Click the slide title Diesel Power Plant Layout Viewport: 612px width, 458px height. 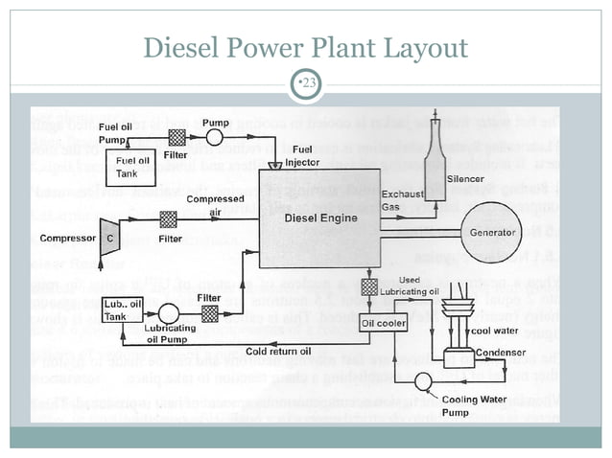pyautogui.click(x=305, y=47)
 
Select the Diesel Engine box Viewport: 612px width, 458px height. pyautogui.click(x=320, y=218)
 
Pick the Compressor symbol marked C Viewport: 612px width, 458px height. pyautogui.click(x=110, y=237)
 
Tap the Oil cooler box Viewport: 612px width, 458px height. pyautogui.click(x=384, y=324)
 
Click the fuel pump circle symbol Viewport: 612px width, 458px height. pyautogui.click(x=215, y=137)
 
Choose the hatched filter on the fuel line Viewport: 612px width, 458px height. pyautogui.click(x=177, y=137)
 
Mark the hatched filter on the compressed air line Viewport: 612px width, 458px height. pyautogui.click(x=169, y=219)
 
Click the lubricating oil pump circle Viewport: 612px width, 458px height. pyautogui.click(x=168, y=312)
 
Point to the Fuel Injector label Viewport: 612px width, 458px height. pyautogui.click(x=302, y=156)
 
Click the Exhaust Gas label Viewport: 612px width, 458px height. pyautogui.click(x=399, y=200)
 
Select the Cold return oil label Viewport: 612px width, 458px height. pyautogui.click(x=277, y=351)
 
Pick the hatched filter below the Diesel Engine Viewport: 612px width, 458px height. pyautogui.click(x=368, y=286)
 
